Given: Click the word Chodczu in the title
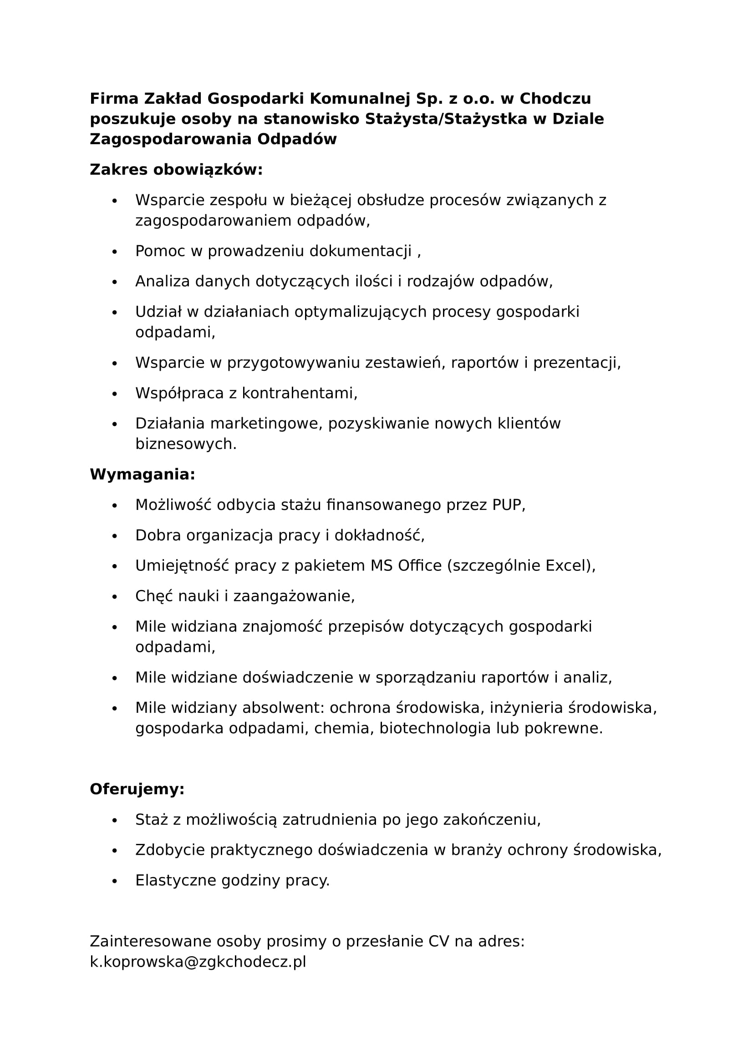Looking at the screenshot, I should pyautogui.click(x=555, y=99).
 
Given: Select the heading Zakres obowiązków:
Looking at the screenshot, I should pyautogui.click(x=176, y=170).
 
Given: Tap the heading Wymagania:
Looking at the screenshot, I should pyautogui.click(x=142, y=474).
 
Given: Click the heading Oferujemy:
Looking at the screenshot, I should pyautogui.click(x=137, y=789).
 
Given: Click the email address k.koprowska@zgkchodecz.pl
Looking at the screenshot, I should pyautogui.click(x=198, y=962).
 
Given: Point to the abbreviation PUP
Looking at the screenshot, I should pyautogui.click(x=507, y=504).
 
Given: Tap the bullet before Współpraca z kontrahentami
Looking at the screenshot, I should pyautogui.click(x=115, y=394).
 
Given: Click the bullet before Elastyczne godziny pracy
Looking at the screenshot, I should pyautogui.click(x=115, y=881).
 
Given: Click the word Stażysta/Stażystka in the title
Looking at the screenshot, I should pyautogui.click(x=447, y=119).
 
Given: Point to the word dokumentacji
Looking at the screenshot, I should pyautogui.click(x=360, y=251).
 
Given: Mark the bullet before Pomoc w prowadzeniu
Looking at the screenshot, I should pyautogui.click(x=115, y=252).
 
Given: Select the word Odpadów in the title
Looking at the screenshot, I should pyautogui.click(x=297, y=139).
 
